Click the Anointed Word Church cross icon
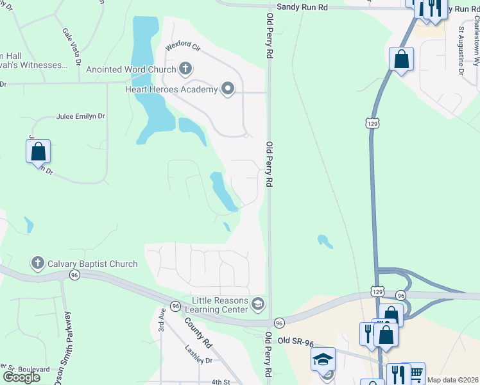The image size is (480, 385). pos(185,69)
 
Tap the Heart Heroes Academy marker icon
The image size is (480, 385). pos(228,89)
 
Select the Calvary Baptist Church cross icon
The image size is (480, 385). pos(37,263)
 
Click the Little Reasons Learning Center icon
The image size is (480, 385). pos(259,304)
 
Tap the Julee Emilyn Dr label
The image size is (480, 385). pos(80,116)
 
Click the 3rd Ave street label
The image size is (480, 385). pos(163,319)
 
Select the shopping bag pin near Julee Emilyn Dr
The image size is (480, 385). pos(38,153)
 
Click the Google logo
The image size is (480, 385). pos(21,377)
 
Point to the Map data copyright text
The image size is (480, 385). pos(453,380)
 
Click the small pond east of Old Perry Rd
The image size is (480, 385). pos(325,241)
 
